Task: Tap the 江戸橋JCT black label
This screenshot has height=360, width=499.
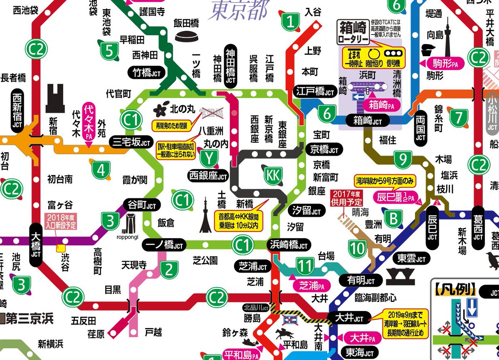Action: coord(316,92)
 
